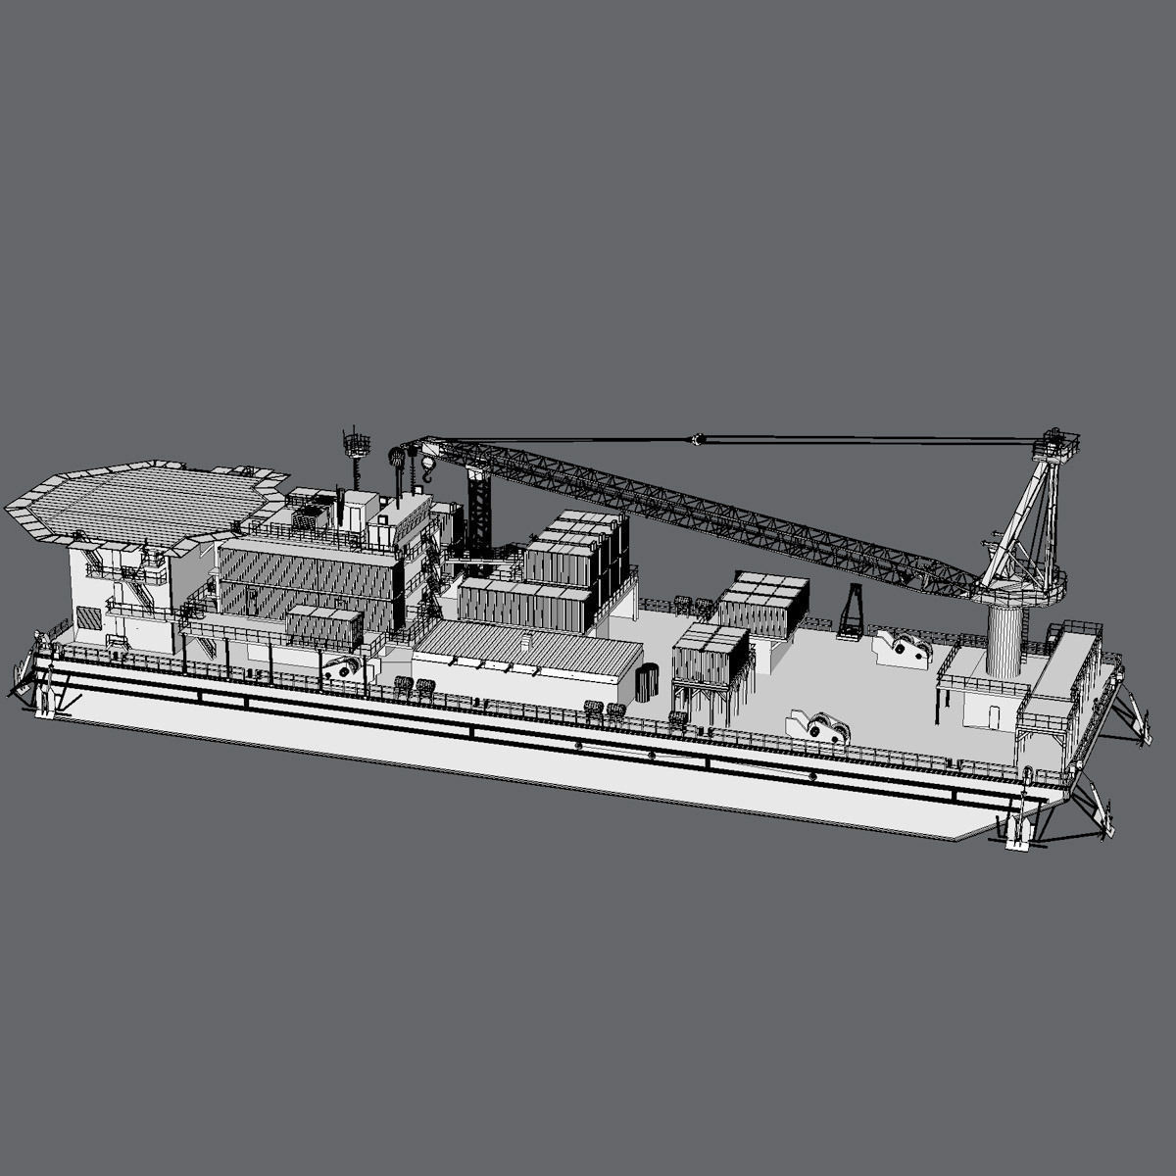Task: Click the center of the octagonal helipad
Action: coord(147,501)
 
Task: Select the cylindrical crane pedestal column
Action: coord(1004,637)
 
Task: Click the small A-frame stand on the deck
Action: coord(851,612)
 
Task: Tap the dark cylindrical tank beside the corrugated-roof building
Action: coord(647,682)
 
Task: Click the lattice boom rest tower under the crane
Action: coord(479,514)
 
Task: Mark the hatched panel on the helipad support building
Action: coord(89,617)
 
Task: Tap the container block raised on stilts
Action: coord(710,655)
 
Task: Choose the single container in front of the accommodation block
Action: coord(324,624)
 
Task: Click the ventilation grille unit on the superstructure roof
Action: coord(312,516)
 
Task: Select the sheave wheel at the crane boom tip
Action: coord(397,456)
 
